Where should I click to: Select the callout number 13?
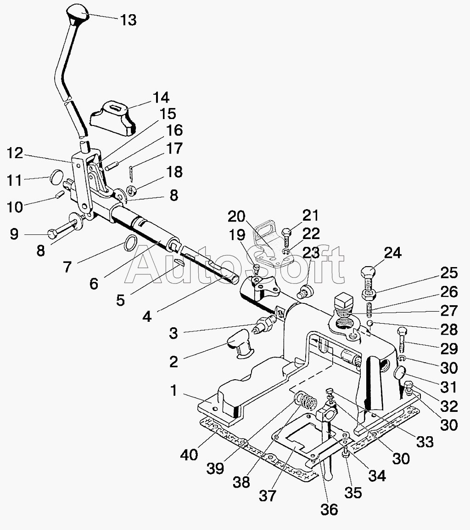[x=128, y=20]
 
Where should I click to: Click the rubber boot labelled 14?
[x=113, y=117]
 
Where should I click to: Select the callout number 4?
[x=147, y=316]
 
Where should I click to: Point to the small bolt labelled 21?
[x=286, y=234]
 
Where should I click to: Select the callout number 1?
[x=173, y=390]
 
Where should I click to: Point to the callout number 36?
[x=330, y=509]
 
